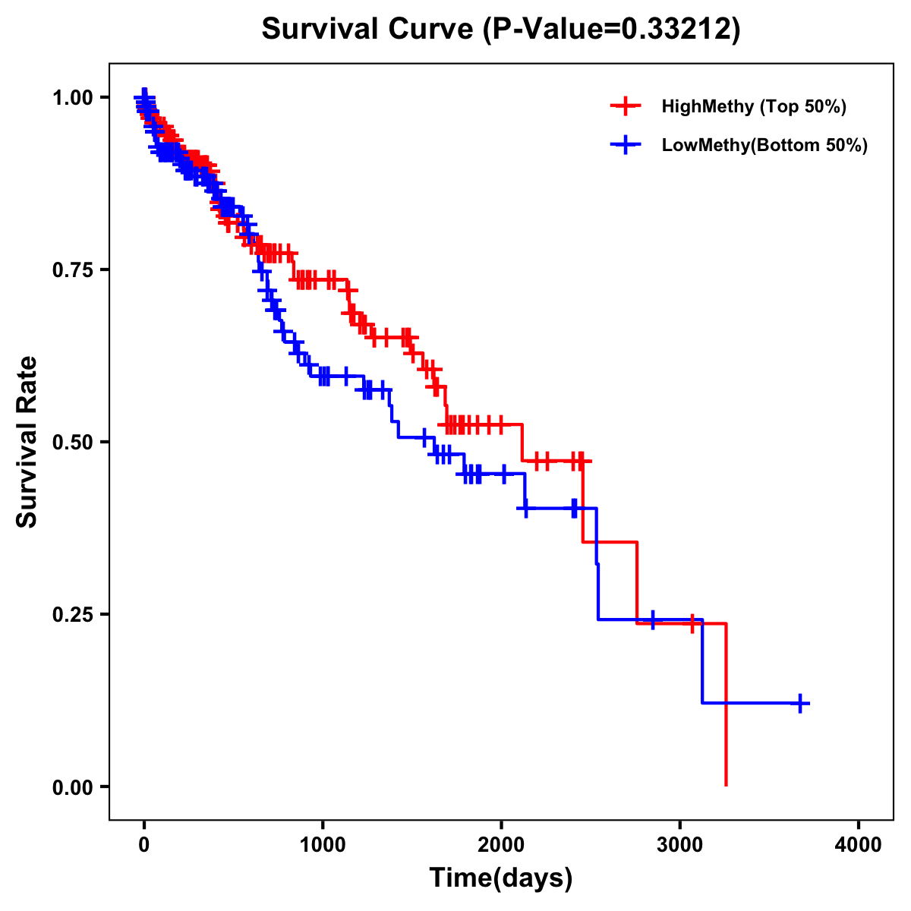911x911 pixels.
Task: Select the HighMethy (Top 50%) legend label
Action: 753,106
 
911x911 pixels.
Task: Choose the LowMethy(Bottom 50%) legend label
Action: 764,145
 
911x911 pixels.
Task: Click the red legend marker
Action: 625,106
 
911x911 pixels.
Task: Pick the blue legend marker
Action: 625,145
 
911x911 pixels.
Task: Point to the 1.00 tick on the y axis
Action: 72,97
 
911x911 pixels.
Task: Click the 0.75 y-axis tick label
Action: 72,270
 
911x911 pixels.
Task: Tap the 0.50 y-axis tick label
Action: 72,442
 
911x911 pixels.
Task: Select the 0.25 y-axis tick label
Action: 72,614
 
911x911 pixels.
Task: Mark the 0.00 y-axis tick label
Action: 72,786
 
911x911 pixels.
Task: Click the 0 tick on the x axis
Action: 144,844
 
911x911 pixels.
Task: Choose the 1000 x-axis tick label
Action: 323,844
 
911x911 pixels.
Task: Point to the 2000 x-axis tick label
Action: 501,844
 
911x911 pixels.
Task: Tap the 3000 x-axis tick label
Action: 680,844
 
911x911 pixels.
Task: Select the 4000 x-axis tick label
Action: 859,844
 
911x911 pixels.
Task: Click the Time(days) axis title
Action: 501,878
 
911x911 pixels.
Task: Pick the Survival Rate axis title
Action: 27,441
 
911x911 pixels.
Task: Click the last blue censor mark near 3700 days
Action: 800,703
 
